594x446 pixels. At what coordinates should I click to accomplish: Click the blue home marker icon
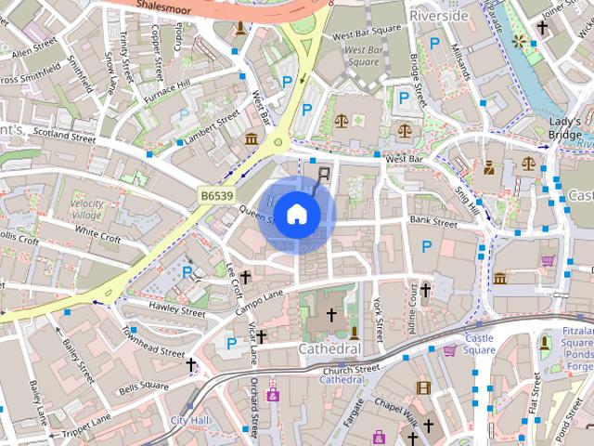(296, 214)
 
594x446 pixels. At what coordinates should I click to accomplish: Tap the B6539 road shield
(216, 195)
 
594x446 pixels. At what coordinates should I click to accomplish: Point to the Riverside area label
(439, 16)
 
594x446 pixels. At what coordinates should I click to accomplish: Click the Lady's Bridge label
(564, 128)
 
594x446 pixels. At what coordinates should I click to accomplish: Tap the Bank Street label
(433, 222)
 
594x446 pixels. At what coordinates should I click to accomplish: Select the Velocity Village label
(86, 209)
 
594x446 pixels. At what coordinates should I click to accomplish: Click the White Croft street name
(97, 233)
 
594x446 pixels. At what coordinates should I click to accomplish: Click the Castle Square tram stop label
(480, 344)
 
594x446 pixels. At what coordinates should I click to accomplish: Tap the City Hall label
(189, 420)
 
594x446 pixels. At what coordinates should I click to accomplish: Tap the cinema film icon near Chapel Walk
(423, 388)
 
